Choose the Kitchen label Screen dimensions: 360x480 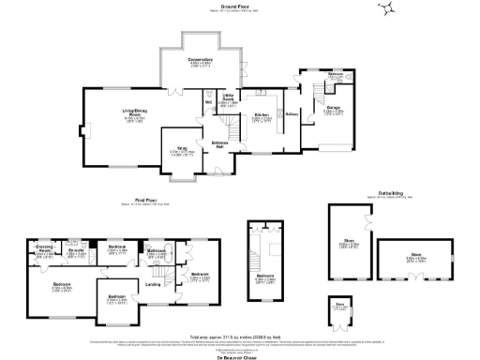click(262, 116)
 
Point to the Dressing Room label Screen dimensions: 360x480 click(44, 248)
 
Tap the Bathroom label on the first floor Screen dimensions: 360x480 click(156, 251)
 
